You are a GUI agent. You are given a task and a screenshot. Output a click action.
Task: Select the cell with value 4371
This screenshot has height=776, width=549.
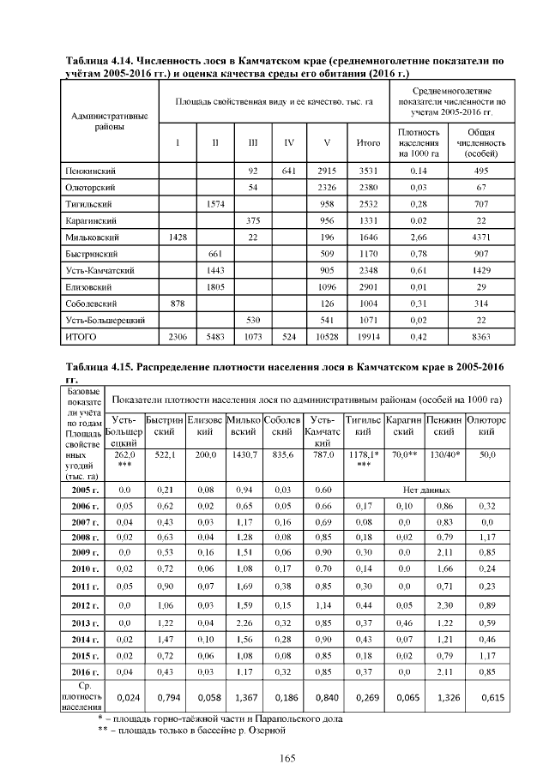tap(481, 236)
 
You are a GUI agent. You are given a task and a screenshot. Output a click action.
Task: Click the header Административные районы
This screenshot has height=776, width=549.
tap(109, 120)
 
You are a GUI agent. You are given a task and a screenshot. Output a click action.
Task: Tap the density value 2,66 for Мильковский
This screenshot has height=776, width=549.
tap(419, 236)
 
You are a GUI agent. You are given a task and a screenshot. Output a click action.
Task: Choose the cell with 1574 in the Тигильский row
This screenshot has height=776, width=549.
tap(214, 203)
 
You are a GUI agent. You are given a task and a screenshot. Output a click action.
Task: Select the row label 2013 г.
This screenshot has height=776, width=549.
tap(84, 622)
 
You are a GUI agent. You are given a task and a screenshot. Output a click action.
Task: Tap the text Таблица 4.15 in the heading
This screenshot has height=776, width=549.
tap(100, 366)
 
